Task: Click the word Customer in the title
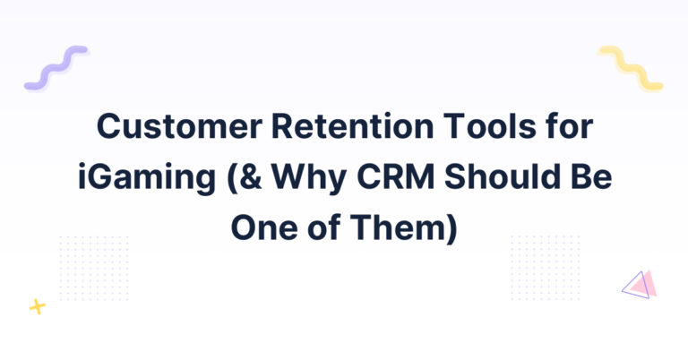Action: pos(179,126)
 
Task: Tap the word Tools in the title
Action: pos(490,126)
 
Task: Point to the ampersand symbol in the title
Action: pos(252,176)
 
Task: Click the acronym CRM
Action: pos(396,176)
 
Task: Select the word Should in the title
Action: pos(502,176)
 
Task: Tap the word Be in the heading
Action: pos(590,176)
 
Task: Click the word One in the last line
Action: pos(264,227)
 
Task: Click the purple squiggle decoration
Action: pos(56,67)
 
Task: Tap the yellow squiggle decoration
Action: pos(631,67)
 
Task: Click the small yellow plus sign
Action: pos(38,306)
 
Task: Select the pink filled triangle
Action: pos(646,284)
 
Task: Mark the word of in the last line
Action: pos(324,227)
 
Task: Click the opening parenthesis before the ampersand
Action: pos(232,179)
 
